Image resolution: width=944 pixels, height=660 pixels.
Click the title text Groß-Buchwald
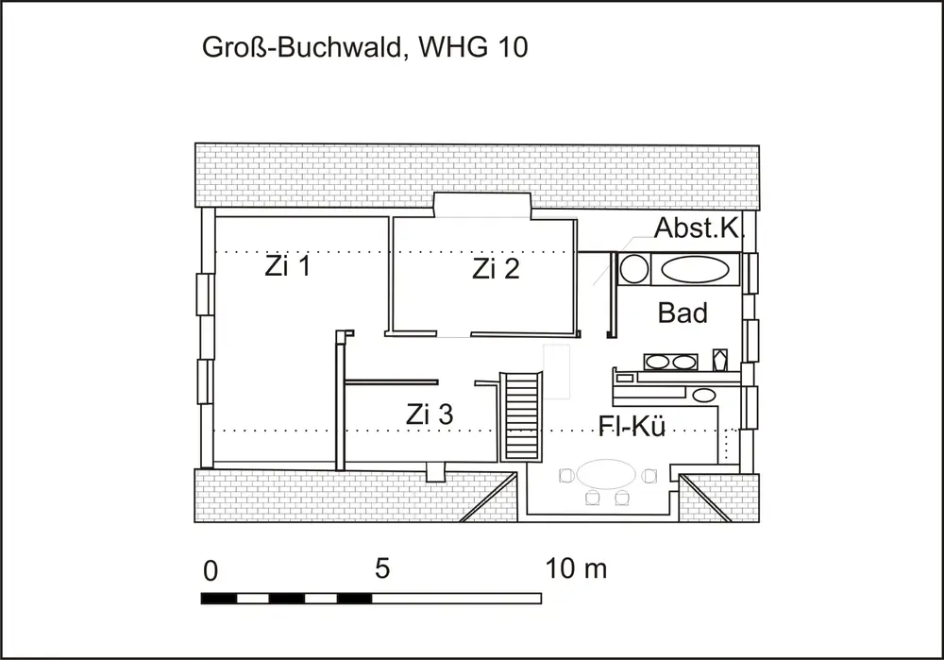(301, 47)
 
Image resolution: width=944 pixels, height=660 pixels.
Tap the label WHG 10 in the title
(473, 46)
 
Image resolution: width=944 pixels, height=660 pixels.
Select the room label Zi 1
(288, 265)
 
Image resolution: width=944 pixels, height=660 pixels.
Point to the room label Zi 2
(496, 268)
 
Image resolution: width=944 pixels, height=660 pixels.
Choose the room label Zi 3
(430, 415)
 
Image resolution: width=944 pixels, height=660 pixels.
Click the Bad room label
(683, 313)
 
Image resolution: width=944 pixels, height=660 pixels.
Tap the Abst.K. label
(698, 228)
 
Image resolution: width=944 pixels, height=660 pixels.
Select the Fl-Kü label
(632, 426)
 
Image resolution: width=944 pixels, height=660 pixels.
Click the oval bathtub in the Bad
(695, 269)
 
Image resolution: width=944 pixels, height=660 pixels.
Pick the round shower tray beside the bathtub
(634, 268)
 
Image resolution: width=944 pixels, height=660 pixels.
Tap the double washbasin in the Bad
(670, 362)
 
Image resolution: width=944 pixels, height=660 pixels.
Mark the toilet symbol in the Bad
(720, 360)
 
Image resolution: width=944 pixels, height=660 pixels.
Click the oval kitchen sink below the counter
(704, 396)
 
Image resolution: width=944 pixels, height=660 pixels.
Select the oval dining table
(606, 475)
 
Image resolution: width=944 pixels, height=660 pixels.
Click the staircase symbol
(521, 416)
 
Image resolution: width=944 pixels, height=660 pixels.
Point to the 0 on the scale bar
(211, 571)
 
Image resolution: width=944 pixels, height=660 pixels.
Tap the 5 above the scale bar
(382, 568)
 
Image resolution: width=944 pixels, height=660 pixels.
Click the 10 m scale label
(576, 568)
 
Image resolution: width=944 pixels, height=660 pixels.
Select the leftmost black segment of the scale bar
(219, 599)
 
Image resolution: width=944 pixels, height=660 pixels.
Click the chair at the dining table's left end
(565, 476)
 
